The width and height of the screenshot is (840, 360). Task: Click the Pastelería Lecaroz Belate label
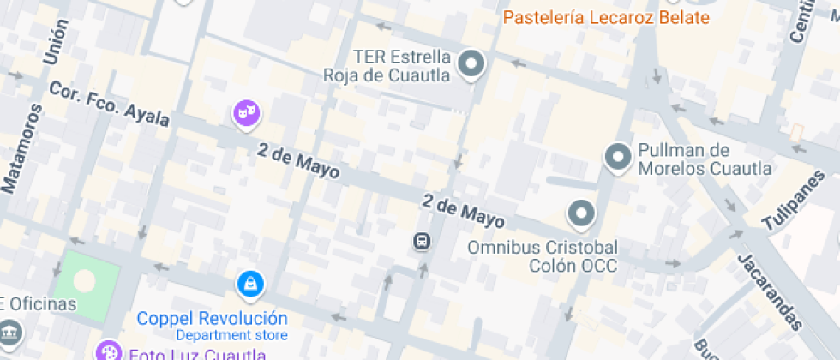tap(606, 17)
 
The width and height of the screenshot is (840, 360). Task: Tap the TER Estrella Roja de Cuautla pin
tap(471, 63)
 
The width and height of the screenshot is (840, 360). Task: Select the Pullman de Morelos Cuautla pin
tap(617, 157)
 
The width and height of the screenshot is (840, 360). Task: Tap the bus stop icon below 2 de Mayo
tap(422, 242)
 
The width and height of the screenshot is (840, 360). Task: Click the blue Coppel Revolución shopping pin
tap(249, 283)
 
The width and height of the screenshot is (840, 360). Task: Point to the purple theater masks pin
tap(246, 112)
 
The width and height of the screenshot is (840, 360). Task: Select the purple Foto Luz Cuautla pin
tap(108, 351)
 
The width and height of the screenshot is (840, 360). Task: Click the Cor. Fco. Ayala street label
tap(109, 104)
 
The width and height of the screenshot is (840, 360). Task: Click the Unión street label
tap(54, 43)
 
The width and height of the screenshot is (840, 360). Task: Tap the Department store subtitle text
tap(232, 335)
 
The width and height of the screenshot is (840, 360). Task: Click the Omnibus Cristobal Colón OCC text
tap(542, 256)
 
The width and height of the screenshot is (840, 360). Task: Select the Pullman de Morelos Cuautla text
tap(704, 159)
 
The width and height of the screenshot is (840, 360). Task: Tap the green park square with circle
tap(85, 279)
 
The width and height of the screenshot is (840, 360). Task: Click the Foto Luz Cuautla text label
tap(196, 353)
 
